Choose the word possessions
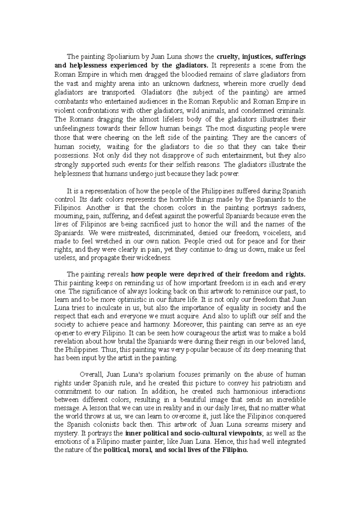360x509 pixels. coord(72,156)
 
